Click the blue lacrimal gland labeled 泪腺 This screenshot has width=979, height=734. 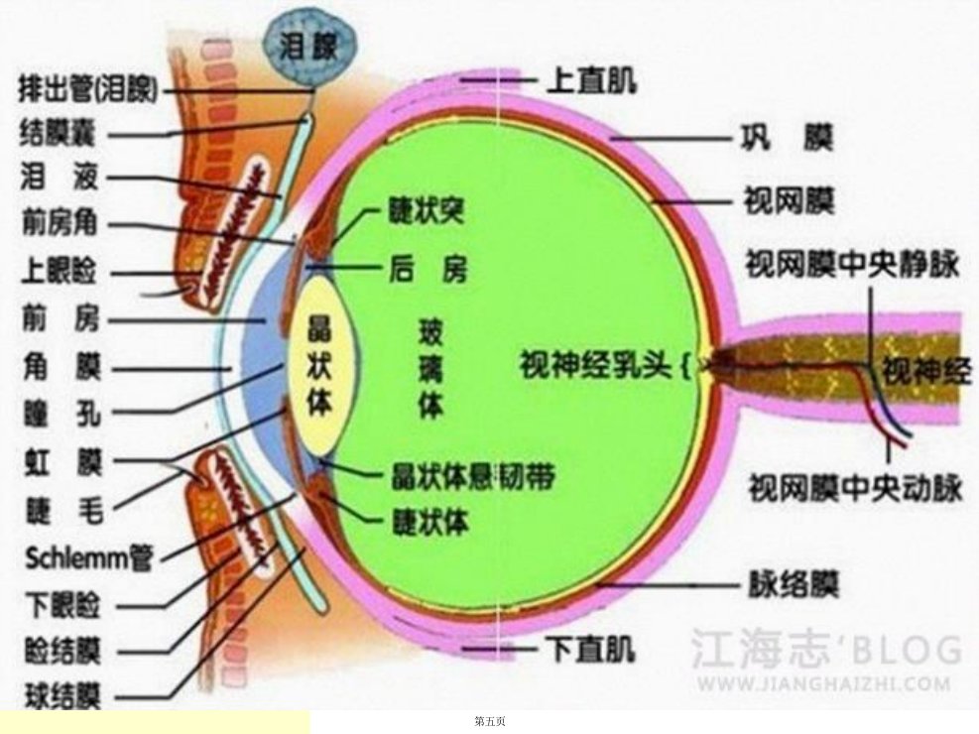pos(309,47)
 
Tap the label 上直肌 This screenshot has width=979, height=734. pos(591,80)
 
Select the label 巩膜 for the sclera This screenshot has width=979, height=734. pos(787,138)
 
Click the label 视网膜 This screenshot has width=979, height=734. pos(789,201)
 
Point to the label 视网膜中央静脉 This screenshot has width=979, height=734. pos(852,264)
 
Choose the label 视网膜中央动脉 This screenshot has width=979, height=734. pos(856,488)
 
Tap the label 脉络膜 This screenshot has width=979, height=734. pos(794,585)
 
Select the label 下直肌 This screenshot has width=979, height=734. pos(590,649)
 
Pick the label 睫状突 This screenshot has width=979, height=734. pos(427,211)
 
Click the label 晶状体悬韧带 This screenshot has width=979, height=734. pos(473,477)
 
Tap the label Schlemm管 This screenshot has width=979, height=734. pos(88,557)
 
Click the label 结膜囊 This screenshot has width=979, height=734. pos(57,134)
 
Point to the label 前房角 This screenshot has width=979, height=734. pos(60,222)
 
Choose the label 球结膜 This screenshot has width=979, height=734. pos(62,695)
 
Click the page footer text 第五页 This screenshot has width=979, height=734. pos(490,721)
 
